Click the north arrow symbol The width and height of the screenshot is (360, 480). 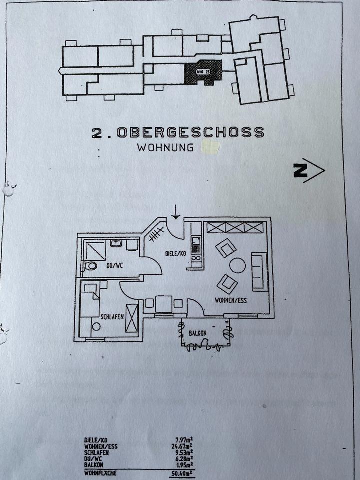(x=309, y=170)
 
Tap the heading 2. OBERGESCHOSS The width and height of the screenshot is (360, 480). (x=177, y=132)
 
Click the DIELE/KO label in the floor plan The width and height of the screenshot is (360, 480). (x=175, y=253)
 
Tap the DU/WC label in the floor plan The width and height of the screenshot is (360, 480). (x=113, y=265)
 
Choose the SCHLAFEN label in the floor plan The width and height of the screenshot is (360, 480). (x=112, y=317)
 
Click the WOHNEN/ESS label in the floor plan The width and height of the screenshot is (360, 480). (x=230, y=301)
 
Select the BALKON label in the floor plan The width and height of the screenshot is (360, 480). (x=199, y=333)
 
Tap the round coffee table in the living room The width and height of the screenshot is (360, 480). (x=237, y=265)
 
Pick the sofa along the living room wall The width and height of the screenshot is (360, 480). (x=258, y=271)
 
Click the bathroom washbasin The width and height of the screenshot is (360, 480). (x=116, y=244)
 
